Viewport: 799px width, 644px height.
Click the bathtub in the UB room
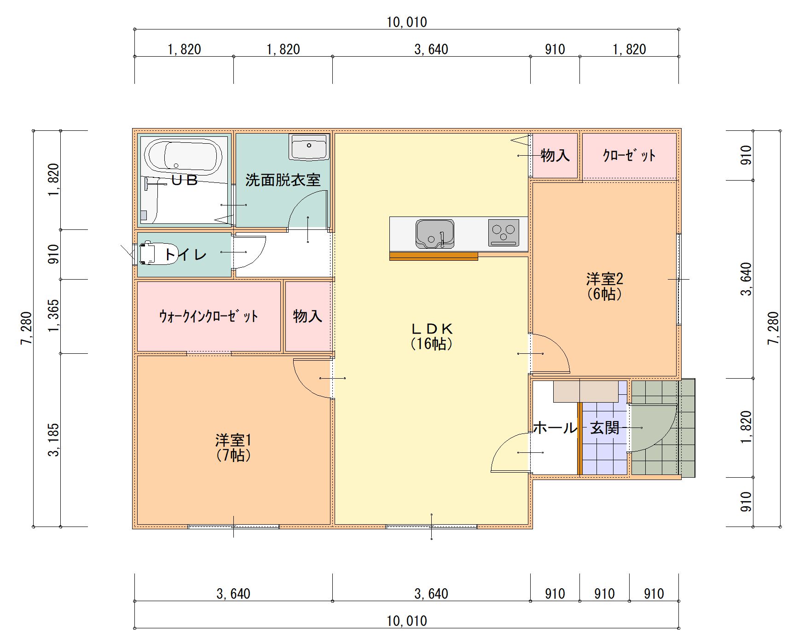[183, 156]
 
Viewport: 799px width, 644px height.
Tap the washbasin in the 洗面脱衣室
[309, 147]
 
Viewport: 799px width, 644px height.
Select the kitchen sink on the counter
[434, 234]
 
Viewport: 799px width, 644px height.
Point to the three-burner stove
[504, 232]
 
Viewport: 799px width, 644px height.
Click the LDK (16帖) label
[431, 336]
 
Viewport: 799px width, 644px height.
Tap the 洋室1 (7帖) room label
[233, 447]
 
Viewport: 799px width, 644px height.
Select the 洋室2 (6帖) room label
[604, 286]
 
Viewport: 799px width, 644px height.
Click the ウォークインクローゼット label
[208, 316]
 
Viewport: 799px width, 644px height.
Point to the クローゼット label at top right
[629, 156]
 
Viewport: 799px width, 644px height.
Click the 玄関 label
[604, 428]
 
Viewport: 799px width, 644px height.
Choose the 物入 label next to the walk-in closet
[307, 316]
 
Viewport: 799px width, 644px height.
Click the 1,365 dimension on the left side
[54, 316]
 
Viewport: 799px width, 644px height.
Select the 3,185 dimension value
[54, 440]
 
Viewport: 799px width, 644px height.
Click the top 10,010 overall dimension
[406, 22]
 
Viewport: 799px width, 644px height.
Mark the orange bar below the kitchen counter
[433, 257]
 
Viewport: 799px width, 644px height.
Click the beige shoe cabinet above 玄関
[585, 392]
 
